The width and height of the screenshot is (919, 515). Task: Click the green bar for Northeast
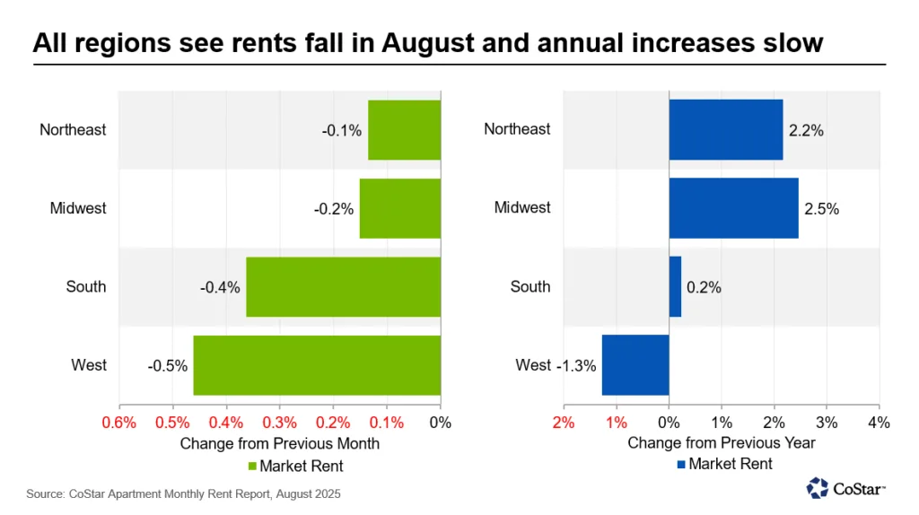pyautogui.click(x=404, y=130)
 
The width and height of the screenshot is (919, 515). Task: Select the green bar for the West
pyautogui.click(x=317, y=365)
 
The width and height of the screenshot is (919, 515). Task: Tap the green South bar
pyautogui.click(x=343, y=287)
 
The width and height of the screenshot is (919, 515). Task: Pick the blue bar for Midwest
pyautogui.click(x=733, y=208)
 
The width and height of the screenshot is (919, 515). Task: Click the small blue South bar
pyautogui.click(x=675, y=287)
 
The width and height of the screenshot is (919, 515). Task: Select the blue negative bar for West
pyautogui.click(x=635, y=365)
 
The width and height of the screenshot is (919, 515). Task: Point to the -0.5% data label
pyautogui.click(x=168, y=366)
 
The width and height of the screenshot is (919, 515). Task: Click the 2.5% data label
pyautogui.click(x=821, y=209)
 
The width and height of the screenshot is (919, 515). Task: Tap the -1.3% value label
pyautogui.click(x=576, y=366)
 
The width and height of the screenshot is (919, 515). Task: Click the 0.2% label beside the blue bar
pyautogui.click(x=704, y=288)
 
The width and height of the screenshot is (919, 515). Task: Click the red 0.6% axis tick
pyautogui.click(x=119, y=423)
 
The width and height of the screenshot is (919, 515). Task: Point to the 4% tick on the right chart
pyautogui.click(x=878, y=423)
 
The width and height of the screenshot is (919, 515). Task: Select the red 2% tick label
pyautogui.click(x=564, y=423)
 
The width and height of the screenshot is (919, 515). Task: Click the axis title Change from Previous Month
pyautogui.click(x=280, y=443)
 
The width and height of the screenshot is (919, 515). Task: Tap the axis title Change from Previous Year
pyautogui.click(x=721, y=443)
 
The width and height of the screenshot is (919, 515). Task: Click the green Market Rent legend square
pyautogui.click(x=252, y=466)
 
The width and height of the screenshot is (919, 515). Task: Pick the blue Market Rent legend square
pyautogui.click(x=682, y=465)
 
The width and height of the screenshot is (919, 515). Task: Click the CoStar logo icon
pyautogui.click(x=818, y=488)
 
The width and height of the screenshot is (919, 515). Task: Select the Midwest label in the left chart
pyautogui.click(x=78, y=208)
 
